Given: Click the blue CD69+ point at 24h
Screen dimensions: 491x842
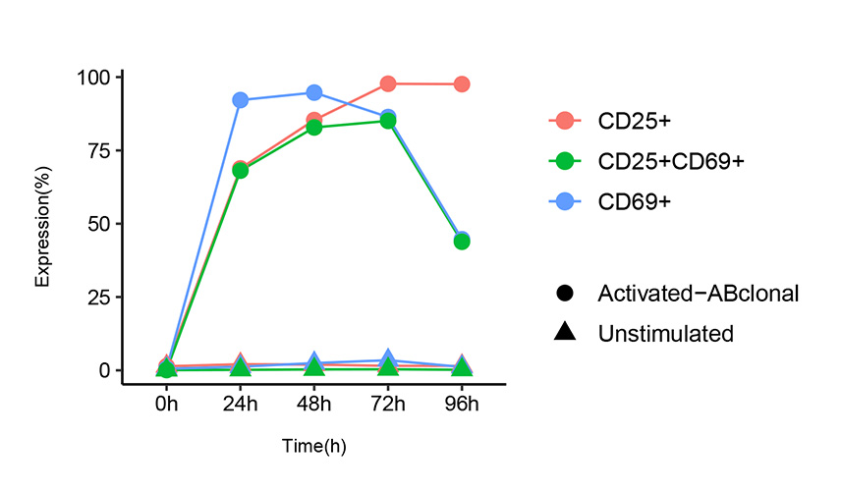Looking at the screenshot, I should pos(240,100).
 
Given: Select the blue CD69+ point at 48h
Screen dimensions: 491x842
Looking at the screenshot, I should pos(314,92).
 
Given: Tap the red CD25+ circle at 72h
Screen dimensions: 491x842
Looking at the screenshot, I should pos(388,83).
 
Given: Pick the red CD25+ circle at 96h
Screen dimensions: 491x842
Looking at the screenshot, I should pos(462,84).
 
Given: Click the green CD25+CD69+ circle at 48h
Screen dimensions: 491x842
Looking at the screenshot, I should pos(314,128).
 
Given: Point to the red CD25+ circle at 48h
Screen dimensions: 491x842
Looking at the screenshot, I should pos(314,120).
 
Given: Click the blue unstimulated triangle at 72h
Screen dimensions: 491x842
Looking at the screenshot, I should pos(388,359).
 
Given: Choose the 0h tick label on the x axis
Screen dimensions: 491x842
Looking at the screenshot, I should pos(166,404).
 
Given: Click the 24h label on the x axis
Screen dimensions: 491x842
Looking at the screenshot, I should pos(240,404).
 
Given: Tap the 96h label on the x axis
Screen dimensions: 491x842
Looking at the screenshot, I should pos(462,404).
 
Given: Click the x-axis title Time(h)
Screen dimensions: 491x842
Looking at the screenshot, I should pos(313,446).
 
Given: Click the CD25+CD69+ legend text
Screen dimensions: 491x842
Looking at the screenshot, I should pos(671,161).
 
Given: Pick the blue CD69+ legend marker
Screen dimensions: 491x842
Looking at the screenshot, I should pos(564,201).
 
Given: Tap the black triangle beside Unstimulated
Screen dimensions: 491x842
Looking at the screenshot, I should pos(564,333).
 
